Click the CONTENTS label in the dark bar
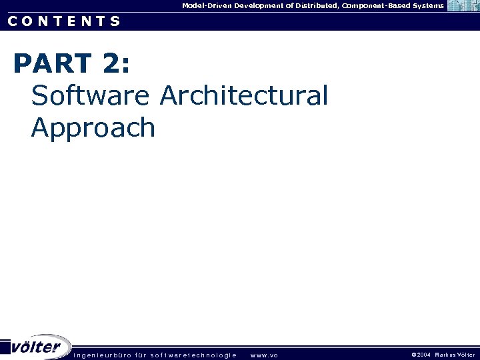pos(64,21)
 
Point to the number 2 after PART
pos(113,64)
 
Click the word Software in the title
pos(91,96)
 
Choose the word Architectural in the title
pos(244,96)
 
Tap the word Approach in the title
pos(93,127)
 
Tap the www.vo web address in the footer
pos(264,355)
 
